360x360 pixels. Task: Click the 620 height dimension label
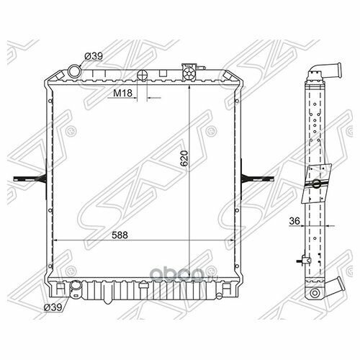[184, 158]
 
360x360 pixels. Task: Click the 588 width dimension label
[120, 235]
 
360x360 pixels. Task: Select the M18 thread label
[122, 93]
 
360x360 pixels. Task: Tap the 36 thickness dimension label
[294, 221]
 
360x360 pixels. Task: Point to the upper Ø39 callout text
[94, 56]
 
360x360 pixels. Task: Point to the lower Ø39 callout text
[53, 307]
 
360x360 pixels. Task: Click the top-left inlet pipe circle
[75, 71]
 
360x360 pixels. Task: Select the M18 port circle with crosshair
[142, 75]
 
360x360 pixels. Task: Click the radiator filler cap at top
[189, 72]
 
